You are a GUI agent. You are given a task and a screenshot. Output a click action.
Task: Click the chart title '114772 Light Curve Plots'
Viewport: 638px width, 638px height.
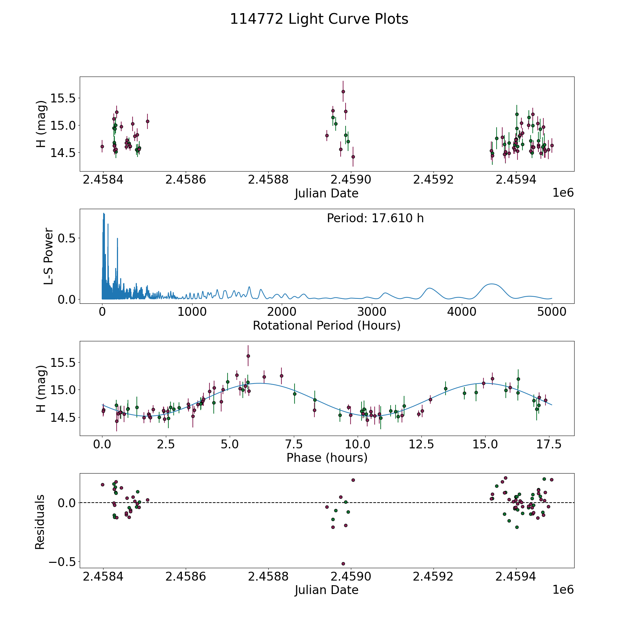tap(319, 19)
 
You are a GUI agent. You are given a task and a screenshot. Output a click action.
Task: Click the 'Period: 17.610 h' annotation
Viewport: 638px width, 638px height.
tap(375, 218)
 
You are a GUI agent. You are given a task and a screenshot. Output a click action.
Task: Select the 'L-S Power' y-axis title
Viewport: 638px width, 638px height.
tap(49, 256)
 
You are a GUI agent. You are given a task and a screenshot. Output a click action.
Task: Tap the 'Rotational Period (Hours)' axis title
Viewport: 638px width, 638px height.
tap(326, 325)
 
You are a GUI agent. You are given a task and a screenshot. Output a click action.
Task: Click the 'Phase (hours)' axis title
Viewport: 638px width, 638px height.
tap(326, 458)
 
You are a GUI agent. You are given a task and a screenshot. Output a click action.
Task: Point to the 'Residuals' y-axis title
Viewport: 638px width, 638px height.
tap(40, 522)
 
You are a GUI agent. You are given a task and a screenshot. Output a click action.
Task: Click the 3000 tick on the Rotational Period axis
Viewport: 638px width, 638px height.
tap(372, 312)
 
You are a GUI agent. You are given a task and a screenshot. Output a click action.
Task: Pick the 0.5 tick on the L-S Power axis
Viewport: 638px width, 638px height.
tap(67, 238)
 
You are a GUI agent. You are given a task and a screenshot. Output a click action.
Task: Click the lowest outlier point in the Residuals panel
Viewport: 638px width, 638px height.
tap(343, 564)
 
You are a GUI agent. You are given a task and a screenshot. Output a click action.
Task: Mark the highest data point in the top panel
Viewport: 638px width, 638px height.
tap(343, 91)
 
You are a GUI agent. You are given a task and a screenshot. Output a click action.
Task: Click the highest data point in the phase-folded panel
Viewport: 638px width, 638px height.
tap(248, 356)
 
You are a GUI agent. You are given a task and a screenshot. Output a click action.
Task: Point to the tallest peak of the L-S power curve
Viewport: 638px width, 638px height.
tap(103, 213)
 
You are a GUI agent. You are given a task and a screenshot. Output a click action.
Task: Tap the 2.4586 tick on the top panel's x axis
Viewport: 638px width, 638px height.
tap(185, 180)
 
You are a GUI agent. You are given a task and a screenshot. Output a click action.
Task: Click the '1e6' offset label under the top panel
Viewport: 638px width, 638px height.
tap(563, 193)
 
